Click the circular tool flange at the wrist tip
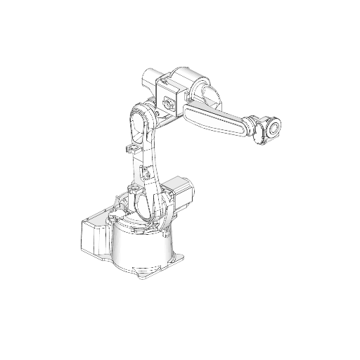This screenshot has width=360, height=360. tap(274, 127)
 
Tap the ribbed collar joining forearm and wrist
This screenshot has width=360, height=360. tap(252, 124)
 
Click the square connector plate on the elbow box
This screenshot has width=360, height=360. tap(168, 103)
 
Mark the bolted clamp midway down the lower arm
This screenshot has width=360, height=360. tap(146, 173)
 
